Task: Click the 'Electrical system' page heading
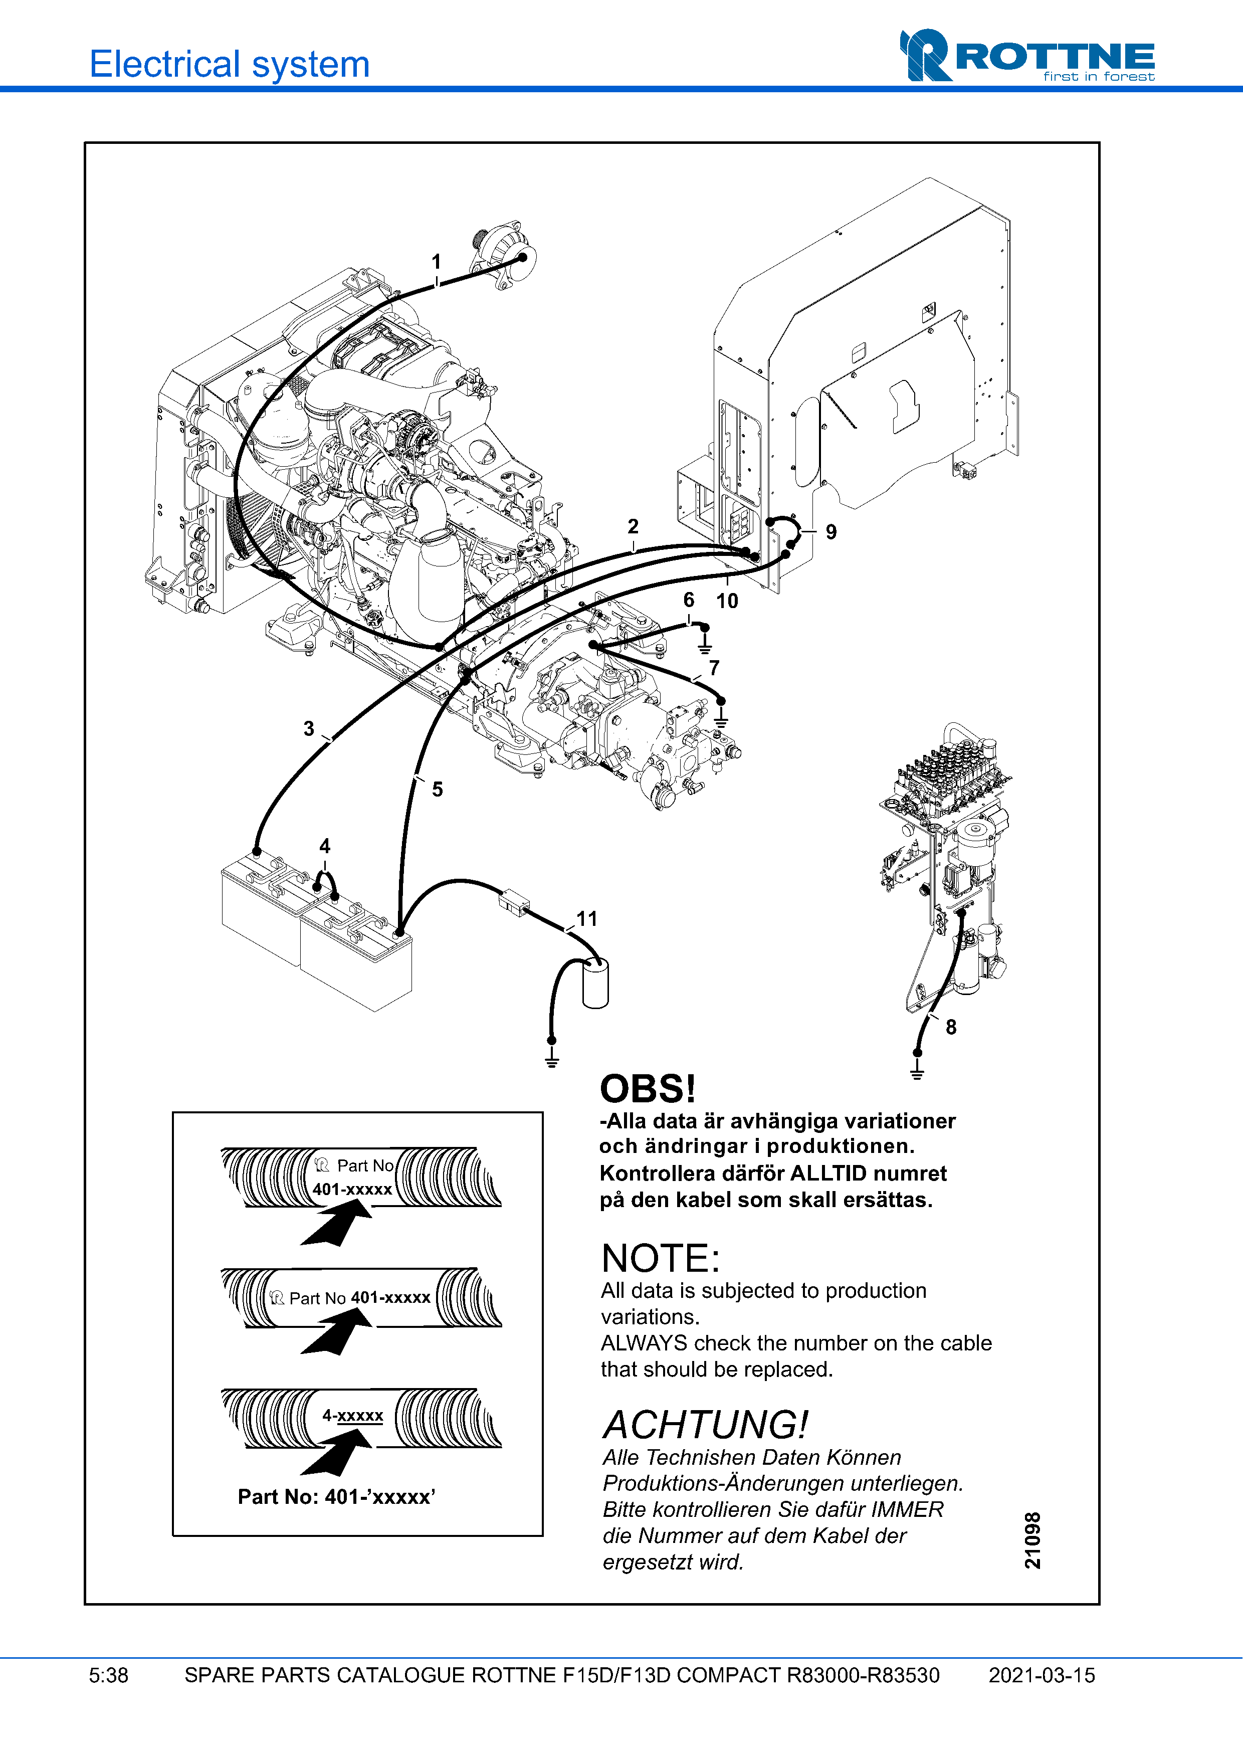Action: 230,64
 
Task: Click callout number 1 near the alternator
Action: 436,262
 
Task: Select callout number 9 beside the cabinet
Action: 831,532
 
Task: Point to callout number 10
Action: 727,602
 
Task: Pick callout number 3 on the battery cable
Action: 309,728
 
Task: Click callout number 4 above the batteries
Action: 325,846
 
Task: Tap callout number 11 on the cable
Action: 586,918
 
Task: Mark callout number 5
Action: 438,789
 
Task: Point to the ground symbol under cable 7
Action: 721,719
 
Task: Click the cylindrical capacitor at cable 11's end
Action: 595,985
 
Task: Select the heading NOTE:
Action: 660,1259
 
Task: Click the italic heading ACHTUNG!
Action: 705,1426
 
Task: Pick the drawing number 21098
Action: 1032,1540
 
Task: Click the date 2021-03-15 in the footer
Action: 1042,1675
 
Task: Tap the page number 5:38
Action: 109,1675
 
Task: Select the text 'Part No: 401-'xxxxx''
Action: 336,1497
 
